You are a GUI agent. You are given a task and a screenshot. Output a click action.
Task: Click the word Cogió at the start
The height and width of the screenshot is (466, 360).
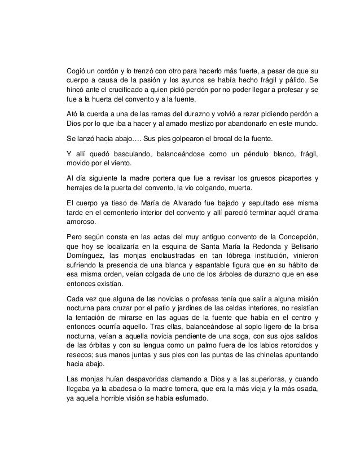coord(77,71)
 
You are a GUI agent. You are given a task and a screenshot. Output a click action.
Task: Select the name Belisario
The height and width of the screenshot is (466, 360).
coord(298,245)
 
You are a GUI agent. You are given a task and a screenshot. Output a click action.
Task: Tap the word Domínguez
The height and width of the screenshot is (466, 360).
coord(88,255)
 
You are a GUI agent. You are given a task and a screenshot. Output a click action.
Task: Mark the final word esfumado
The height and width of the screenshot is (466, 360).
coord(192,396)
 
